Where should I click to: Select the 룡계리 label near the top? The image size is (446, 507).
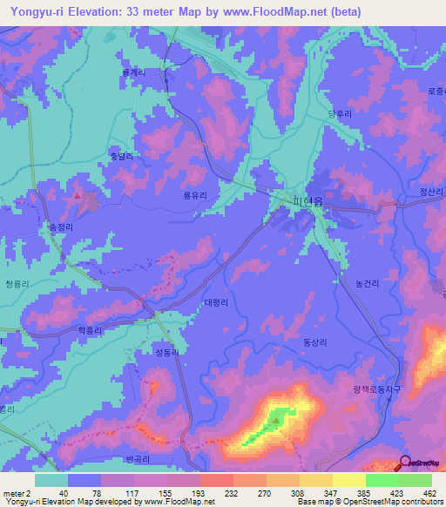pyautogui.click(x=133, y=73)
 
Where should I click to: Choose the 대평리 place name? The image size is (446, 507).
pyautogui.click(x=216, y=303)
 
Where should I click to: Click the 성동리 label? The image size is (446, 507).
pyautogui.click(x=167, y=353)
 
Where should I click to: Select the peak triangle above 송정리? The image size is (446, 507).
pyautogui.click(x=79, y=196)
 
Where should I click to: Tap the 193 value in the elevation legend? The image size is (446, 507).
pyautogui.click(x=183, y=492)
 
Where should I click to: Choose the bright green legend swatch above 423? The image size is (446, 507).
pyautogui.click(x=382, y=480)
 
